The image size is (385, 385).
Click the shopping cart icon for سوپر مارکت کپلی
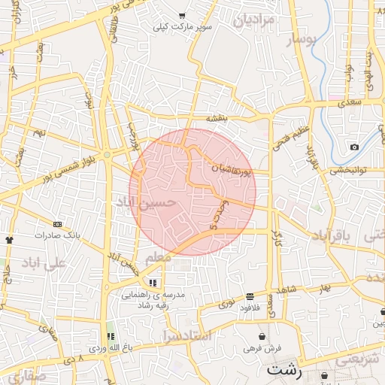click(x=182, y=16)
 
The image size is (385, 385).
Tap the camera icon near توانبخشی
click(x=354, y=147)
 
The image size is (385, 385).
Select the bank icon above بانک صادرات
click(x=58, y=224)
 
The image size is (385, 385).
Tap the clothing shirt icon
click(x=9, y=240)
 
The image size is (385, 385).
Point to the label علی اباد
click(x=44, y=263)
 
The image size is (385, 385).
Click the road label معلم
click(x=158, y=257)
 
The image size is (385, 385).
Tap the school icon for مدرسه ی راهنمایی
click(x=153, y=283)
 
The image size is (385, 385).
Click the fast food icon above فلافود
click(x=250, y=296)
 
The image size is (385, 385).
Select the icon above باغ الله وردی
click(x=111, y=336)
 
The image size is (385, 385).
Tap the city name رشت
click(x=283, y=371)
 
